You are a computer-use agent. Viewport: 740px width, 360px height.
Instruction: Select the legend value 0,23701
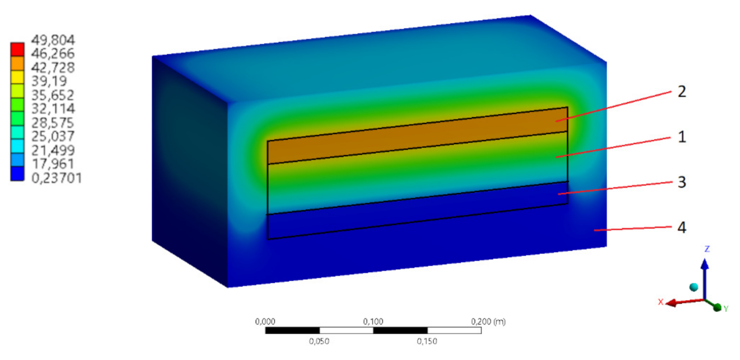click(x=56, y=178)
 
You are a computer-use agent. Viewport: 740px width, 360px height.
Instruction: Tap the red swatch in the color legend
click(x=17, y=49)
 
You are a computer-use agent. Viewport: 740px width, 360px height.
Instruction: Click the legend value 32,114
click(x=52, y=108)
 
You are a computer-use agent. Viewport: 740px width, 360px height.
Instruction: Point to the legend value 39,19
click(x=49, y=81)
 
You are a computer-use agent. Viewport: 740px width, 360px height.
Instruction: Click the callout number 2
click(x=682, y=92)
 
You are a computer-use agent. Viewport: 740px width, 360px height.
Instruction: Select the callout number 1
click(x=682, y=137)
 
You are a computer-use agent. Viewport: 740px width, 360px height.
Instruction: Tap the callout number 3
click(x=682, y=182)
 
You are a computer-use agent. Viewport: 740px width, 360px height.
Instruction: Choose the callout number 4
click(x=682, y=227)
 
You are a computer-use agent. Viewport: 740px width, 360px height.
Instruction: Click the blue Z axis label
click(x=707, y=249)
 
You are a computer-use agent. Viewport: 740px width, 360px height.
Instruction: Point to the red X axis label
click(x=661, y=302)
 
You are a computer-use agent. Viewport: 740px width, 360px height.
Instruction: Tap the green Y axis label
click(x=725, y=309)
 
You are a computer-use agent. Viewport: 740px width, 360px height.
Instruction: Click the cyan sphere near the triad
click(x=694, y=287)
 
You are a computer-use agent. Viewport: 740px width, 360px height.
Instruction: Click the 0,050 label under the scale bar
click(x=319, y=341)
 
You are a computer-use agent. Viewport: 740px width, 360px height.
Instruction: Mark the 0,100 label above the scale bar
click(x=373, y=322)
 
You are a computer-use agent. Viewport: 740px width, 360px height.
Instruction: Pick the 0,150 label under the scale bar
click(x=427, y=341)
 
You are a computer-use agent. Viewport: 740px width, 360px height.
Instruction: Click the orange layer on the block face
click(x=413, y=136)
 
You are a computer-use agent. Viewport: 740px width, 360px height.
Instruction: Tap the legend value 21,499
click(x=52, y=150)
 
